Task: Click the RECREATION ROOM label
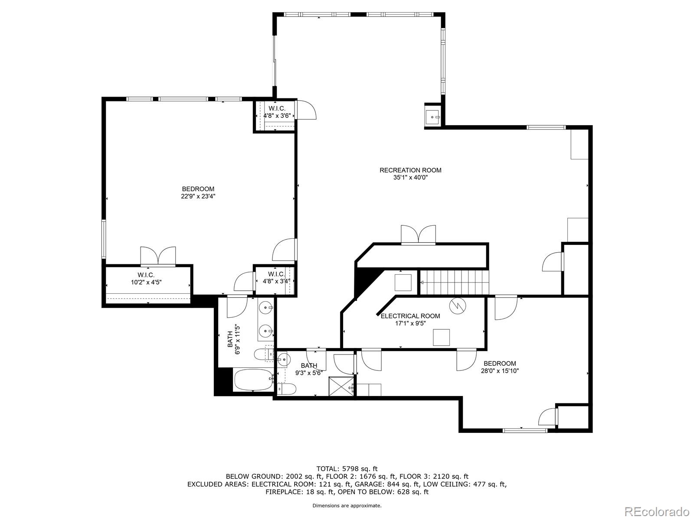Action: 410,170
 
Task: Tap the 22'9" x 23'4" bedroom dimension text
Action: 198,196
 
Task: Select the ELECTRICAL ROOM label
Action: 410,316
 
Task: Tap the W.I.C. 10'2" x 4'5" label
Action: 146,279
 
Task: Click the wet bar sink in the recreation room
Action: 433,117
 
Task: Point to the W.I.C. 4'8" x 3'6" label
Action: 277,112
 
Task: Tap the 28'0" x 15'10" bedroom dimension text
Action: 500,370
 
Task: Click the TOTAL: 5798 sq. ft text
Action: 347,468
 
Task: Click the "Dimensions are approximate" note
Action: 347,505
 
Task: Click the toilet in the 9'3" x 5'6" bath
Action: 286,389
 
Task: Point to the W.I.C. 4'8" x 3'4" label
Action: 276,277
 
